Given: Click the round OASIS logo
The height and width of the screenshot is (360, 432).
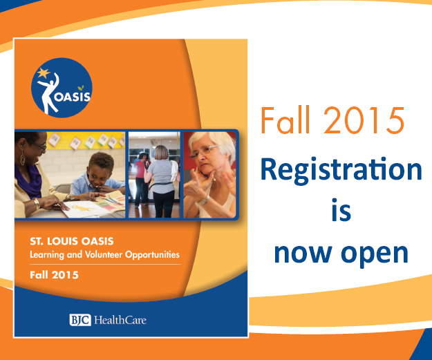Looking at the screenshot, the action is [x=62, y=88].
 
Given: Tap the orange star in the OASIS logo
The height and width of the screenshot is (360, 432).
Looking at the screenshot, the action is [x=43, y=73].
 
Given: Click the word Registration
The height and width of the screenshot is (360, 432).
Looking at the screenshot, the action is [x=341, y=171].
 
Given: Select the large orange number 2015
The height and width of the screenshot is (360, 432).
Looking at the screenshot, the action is [x=364, y=120].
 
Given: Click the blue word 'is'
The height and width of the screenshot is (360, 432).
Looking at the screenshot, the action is [x=341, y=210].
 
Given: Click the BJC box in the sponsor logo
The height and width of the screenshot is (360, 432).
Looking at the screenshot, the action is [x=80, y=320].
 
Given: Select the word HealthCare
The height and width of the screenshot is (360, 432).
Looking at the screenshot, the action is [x=120, y=320].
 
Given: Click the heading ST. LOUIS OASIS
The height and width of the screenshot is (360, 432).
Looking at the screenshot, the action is [x=72, y=241].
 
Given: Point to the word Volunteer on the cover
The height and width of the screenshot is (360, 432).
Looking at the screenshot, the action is [x=104, y=254].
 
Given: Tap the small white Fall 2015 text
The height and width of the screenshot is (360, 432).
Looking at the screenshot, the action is [x=55, y=275].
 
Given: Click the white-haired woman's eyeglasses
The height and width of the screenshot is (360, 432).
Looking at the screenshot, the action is [x=203, y=151].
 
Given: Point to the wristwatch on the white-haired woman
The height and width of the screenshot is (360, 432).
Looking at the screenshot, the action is [x=204, y=200].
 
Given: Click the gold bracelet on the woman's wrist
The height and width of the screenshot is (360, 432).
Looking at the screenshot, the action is [x=37, y=204].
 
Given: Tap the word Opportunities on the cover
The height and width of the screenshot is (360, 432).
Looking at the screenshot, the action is [x=152, y=255].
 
